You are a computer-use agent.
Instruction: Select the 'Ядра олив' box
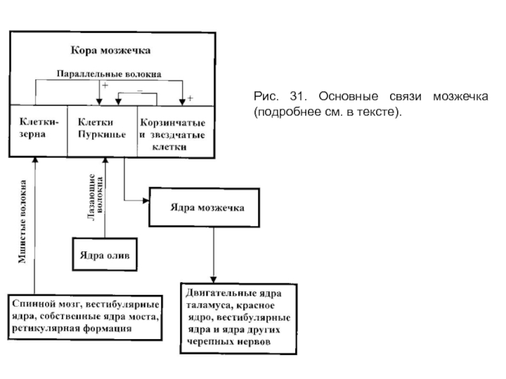coord(105,255)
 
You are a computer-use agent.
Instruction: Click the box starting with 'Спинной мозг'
coord(87,316)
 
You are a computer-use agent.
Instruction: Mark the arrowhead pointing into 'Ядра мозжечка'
coord(145,200)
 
